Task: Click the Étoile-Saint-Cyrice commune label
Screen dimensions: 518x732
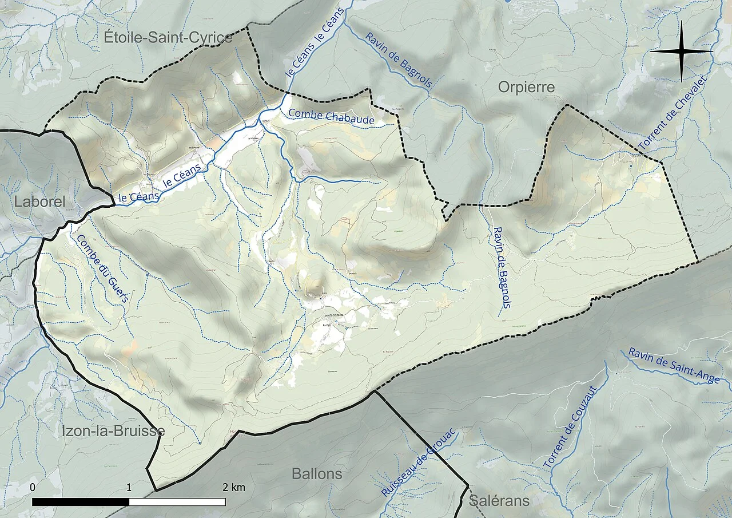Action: (x=168, y=38)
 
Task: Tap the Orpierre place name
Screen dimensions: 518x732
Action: (x=526, y=87)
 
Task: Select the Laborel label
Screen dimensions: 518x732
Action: (x=40, y=201)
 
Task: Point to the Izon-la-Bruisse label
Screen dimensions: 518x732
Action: (x=113, y=431)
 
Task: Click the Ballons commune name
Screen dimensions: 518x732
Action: (x=317, y=474)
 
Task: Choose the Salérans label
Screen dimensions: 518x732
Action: (x=499, y=501)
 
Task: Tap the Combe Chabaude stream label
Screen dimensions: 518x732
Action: (x=331, y=117)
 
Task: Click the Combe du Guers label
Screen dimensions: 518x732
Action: (x=104, y=272)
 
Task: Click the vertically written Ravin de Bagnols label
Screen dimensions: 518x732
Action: (x=501, y=267)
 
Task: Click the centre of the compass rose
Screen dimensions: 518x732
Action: (x=681, y=52)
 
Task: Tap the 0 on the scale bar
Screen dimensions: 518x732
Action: (x=33, y=487)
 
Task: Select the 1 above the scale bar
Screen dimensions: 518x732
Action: (x=129, y=487)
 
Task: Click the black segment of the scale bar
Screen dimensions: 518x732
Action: (x=81, y=502)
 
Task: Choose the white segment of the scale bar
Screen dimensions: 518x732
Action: (x=177, y=502)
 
